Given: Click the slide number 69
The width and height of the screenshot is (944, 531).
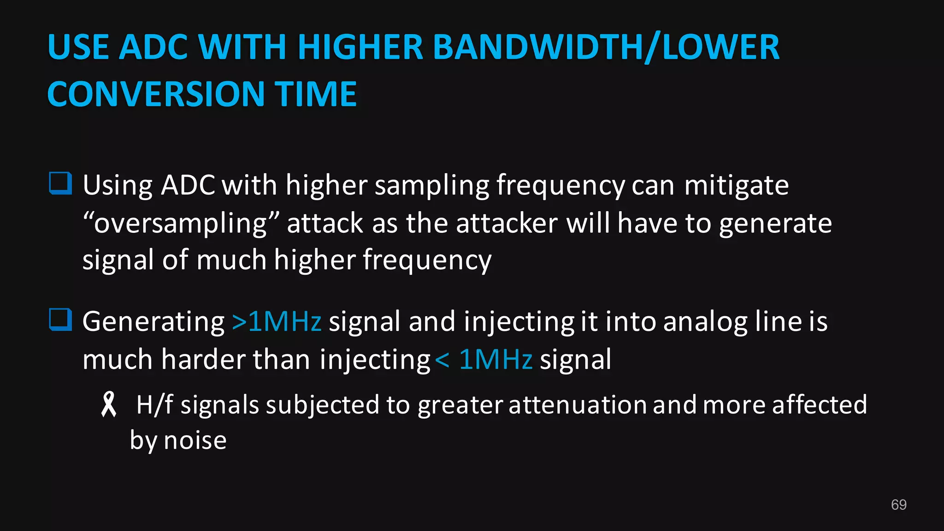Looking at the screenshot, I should point(898,505).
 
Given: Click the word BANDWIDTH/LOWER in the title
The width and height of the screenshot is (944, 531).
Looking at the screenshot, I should point(606,47).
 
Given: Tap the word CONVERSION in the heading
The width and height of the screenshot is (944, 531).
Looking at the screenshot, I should point(156,94).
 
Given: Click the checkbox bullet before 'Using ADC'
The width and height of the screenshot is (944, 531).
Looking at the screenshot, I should point(60,183).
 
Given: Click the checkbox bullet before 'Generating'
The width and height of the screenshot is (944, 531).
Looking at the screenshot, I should point(60,320).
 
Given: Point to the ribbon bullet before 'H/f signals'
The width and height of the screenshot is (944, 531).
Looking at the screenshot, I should point(109,404).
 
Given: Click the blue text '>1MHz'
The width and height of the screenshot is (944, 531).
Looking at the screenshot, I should point(276,321).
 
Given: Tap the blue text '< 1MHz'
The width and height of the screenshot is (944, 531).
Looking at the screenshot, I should point(484,360).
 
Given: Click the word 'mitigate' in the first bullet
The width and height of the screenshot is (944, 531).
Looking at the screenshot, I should point(736,186).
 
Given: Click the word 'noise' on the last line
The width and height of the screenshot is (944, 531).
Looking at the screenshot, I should point(195,440).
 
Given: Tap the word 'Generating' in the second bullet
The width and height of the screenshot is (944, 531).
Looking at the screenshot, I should point(153,321).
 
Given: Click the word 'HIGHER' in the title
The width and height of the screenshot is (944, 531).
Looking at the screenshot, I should point(360,47).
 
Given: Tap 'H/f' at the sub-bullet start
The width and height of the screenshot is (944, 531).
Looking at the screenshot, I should point(154,405).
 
